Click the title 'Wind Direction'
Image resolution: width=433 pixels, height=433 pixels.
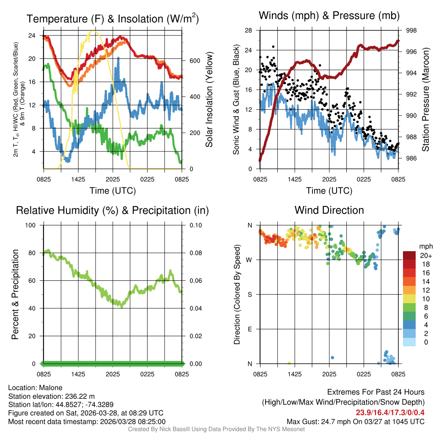click(x=329, y=210)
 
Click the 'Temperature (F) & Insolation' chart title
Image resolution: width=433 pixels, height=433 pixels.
click(x=112, y=19)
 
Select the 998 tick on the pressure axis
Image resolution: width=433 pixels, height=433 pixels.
click(x=411, y=30)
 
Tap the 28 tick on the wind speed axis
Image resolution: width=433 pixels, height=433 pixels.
click(x=249, y=30)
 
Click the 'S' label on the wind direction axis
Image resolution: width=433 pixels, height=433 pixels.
click(x=249, y=294)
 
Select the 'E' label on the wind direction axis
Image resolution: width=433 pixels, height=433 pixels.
click(x=249, y=329)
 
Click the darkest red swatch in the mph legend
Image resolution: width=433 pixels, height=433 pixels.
click(x=409, y=255)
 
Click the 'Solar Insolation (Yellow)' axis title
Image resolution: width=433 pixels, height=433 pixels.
click(x=209, y=100)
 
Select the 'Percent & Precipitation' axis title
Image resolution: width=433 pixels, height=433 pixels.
click(x=15, y=294)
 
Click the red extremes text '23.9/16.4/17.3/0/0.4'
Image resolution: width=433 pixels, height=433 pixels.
click(x=390, y=412)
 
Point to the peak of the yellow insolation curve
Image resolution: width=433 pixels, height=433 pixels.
click(x=94, y=31)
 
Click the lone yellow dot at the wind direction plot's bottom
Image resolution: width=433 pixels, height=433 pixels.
click(x=289, y=363)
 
